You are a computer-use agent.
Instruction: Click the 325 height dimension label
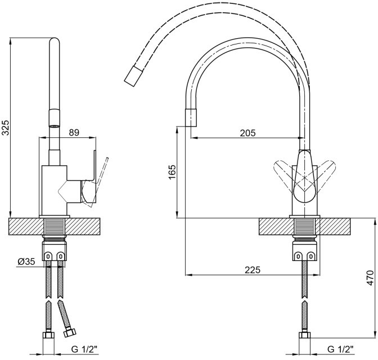[5, 127]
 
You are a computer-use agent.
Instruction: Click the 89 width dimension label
[74, 133]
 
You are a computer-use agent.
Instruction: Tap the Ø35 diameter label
[26, 262]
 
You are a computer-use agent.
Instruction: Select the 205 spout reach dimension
[247, 133]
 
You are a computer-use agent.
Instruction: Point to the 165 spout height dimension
[172, 172]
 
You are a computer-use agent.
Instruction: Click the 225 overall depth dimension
[253, 270]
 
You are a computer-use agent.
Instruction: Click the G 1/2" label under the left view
[84, 349]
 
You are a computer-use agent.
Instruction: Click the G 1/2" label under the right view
[340, 349]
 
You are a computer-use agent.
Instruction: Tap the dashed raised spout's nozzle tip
[133, 76]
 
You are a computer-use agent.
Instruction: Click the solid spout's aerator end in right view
[191, 118]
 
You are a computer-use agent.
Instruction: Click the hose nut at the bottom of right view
[305, 335]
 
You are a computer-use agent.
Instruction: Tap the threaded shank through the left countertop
[54, 226]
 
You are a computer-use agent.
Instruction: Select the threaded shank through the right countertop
[305, 226]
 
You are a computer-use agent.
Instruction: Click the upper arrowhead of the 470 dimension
[375, 222]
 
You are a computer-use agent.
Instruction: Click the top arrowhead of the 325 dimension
[10, 41]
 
